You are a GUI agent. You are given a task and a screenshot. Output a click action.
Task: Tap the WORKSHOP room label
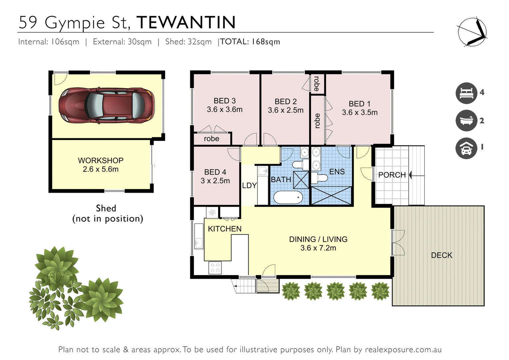101,160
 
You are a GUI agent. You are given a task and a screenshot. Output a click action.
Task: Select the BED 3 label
225,101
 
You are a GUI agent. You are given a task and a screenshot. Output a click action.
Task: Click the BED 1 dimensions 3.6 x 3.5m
360,113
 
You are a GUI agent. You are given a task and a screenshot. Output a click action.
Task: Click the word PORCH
392,175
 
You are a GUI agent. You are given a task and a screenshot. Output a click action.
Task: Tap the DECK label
441,255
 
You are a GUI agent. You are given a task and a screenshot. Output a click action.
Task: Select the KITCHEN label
225,229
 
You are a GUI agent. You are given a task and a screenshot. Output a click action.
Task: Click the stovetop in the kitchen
215,267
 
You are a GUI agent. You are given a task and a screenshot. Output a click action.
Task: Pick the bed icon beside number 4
466,93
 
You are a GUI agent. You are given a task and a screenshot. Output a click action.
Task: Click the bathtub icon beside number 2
466,120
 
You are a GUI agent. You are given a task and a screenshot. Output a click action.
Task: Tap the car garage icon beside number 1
466,148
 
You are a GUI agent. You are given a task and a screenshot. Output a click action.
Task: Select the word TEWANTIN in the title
186,23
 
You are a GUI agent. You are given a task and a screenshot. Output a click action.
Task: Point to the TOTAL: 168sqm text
250,42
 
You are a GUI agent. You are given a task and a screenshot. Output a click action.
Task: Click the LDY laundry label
249,186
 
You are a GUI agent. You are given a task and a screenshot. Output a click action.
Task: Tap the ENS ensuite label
337,172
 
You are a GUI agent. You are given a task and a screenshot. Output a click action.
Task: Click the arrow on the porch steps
410,175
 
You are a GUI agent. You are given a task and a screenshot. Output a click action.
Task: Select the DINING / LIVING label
318,239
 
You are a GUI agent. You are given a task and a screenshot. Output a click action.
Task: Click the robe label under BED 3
212,139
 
